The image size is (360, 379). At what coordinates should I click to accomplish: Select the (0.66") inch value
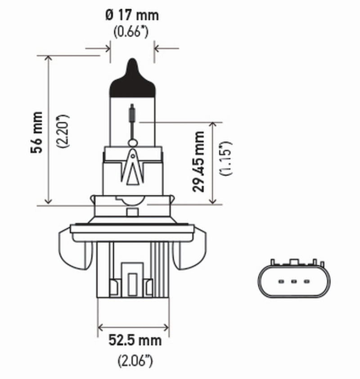click(132, 32)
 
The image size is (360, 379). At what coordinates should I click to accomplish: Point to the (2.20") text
click(63, 131)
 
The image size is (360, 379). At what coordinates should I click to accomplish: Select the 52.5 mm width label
click(135, 340)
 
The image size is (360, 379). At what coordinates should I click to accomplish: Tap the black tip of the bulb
click(132, 76)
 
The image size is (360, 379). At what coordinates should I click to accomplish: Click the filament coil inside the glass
click(132, 112)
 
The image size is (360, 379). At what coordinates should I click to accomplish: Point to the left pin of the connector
click(280, 282)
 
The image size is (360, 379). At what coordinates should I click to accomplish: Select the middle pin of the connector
click(293, 282)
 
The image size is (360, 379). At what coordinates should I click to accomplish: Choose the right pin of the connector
click(306, 282)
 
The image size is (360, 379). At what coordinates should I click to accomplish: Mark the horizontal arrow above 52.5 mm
click(133, 327)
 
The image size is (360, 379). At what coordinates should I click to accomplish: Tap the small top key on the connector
click(294, 262)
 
